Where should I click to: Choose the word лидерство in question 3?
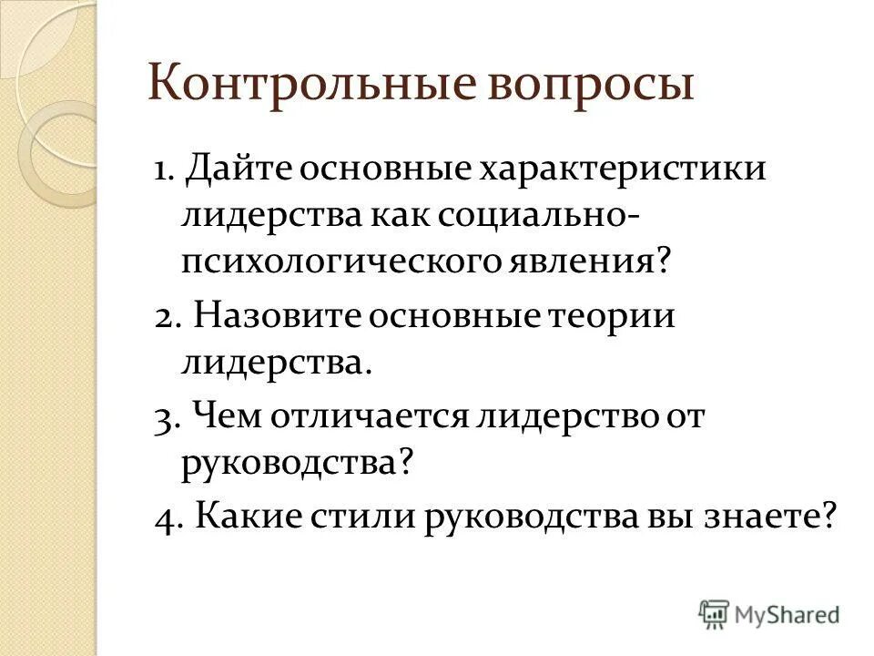[x=556, y=418]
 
